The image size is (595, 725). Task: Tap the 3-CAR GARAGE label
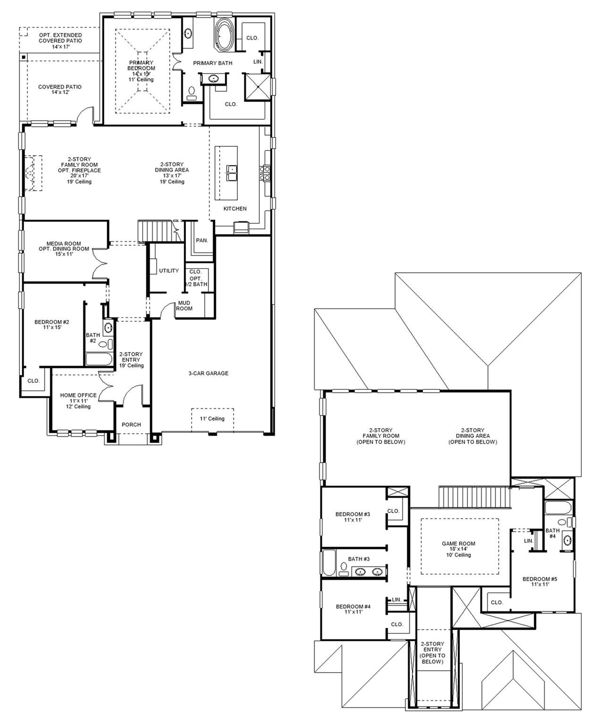(208, 373)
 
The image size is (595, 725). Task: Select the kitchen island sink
(231, 173)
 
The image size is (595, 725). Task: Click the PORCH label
(131, 424)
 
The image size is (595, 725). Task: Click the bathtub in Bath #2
(99, 359)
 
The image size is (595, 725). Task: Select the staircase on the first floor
(159, 231)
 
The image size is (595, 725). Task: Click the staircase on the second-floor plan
(474, 497)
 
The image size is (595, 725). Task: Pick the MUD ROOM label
(184, 305)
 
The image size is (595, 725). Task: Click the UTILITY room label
(169, 270)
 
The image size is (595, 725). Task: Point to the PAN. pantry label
(202, 240)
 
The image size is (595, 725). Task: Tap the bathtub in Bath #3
(329, 563)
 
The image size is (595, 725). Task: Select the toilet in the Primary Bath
(192, 93)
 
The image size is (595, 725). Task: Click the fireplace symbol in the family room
(33, 173)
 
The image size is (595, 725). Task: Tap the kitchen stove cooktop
(265, 173)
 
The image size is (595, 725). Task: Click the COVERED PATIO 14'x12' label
(60, 89)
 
